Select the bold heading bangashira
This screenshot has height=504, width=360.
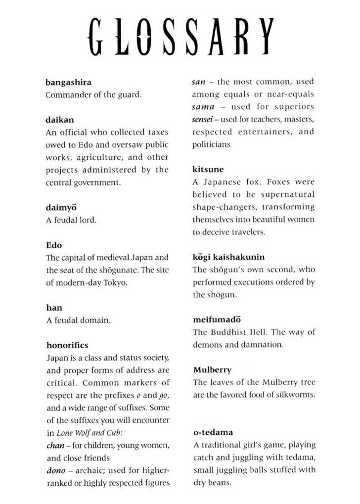(x=68, y=82)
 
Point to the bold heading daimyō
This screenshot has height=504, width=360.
(x=61, y=208)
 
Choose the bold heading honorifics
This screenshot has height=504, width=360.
(x=67, y=345)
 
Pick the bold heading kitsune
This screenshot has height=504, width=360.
(x=208, y=170)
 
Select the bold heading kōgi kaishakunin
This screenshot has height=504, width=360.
(x=228, y=257)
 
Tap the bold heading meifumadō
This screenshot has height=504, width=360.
(x=217, y=320)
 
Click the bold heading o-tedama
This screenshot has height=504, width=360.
(x=213, y=432)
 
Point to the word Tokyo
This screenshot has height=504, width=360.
(x=115, y=283)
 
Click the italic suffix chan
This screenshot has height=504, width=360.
(x=55, y=445)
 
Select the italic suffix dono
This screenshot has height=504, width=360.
(x=56, y=470)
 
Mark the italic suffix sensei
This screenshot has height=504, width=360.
(x=203, y=119)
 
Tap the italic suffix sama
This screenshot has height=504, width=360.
(x=203, y=107)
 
